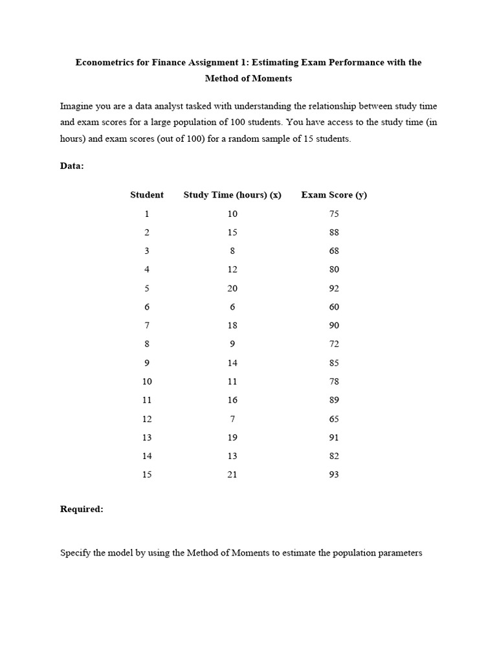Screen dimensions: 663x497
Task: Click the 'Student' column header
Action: (x=147, y=195)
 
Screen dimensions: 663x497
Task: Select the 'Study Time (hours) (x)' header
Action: (x=232, y=195)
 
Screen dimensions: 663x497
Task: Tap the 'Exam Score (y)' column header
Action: (x=334, y=195)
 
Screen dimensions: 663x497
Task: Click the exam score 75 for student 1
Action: (x=334, y=214)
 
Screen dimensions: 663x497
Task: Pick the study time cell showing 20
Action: (x=232, y=288)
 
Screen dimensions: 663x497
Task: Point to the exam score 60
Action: (x=334, y=307)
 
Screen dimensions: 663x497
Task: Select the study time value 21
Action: (x=232, y=475)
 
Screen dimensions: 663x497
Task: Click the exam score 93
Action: (x=334, y=475)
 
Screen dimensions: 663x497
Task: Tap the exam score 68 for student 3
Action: (x=334, y=251)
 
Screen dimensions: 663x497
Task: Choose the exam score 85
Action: (x=334, y=363)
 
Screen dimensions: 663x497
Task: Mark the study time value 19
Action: (x=232, y=437)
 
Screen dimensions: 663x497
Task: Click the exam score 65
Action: (x=334, y=419)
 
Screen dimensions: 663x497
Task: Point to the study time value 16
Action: (x=232, y=400)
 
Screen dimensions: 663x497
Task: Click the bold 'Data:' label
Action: (x=72, y=166)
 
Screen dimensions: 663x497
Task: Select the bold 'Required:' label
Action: (x=82, y=510)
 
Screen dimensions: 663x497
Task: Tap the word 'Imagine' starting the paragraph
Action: (x=77, y=106)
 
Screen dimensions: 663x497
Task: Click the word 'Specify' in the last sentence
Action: (x=76, y=554)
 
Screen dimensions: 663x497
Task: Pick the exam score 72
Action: (x=334, y=344)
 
